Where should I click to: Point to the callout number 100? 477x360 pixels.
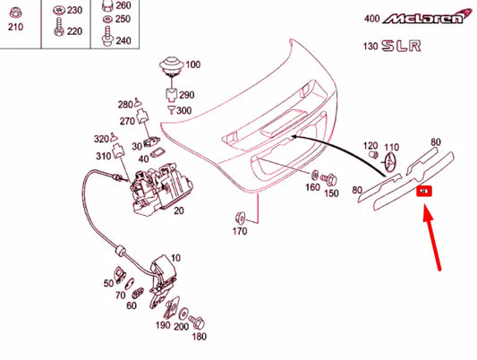(193, 64)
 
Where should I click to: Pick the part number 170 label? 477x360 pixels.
(240, 231)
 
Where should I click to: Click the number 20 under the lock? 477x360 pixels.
(178, 210)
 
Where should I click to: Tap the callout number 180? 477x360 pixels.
(198, 336)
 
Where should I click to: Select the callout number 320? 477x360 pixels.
(100, 139)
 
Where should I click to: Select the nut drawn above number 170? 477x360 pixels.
(240, 215)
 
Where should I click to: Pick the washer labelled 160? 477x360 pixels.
(314, 174)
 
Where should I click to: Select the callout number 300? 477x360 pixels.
(184, 110)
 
